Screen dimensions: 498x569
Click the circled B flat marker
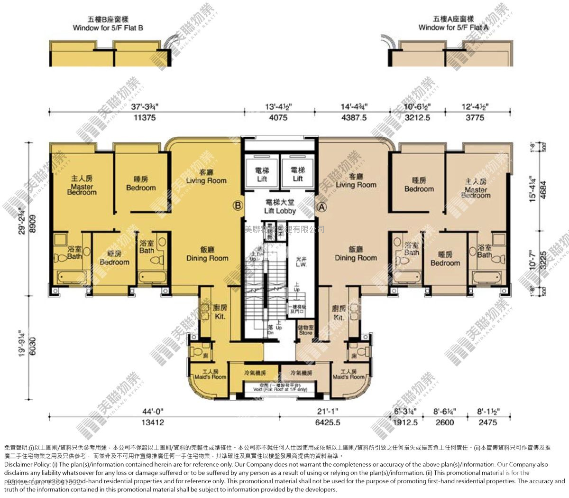click(238, 206)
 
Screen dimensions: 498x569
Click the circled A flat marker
click(321, 207)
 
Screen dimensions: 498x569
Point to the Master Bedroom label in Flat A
click(476, 188)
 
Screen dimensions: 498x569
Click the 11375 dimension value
click(145, 118)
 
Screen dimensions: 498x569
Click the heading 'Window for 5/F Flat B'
click(108, 28)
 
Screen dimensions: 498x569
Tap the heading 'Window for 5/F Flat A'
click(453, 28)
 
